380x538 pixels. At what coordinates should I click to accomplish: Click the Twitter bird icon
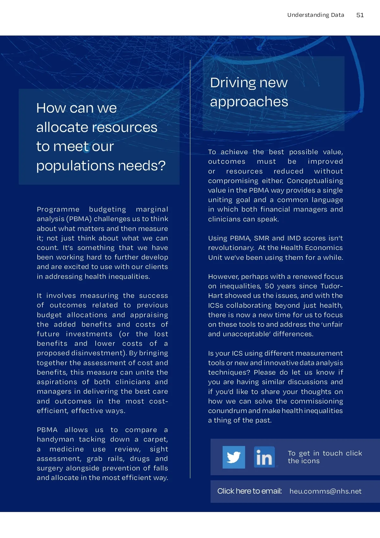click(x=234, y=457)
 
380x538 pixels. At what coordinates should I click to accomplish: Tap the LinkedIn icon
click(x=264, y=457)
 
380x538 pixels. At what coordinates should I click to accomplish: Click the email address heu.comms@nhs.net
click(x=325, y=491)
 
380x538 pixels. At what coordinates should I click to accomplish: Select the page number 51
click(x=360, y=15)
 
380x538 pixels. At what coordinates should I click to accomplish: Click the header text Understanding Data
click(x=315, y=15)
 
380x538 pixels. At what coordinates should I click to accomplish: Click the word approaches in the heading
click(x=249, y=102)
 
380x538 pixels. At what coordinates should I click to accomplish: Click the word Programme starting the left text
click(x=58, y=209)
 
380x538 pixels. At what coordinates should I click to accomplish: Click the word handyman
click(x=55, y=439)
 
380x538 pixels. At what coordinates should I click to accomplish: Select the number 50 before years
click(x=269, y=286)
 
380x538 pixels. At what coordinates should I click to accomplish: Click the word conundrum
click(x=227, y=411)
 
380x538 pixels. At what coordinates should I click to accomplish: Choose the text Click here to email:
click(x=250, y=491)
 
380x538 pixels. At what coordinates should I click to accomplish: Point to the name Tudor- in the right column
click(x=331, y=286)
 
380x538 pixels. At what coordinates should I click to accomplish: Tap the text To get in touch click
click(x=325, y=453)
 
